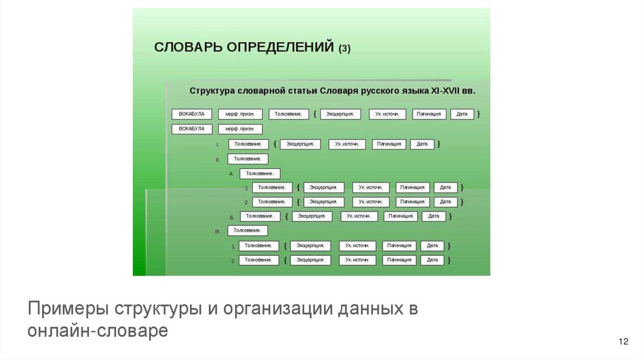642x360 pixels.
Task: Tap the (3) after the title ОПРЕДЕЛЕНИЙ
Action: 344,50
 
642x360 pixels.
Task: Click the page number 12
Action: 623,341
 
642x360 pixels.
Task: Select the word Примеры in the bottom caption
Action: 67,309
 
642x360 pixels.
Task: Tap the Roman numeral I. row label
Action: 218,145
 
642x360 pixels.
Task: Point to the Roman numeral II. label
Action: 217,160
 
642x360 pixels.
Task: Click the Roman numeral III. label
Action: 217,231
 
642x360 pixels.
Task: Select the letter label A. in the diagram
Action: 231,174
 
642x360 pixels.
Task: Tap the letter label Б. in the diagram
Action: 231,217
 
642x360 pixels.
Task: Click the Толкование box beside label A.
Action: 260,174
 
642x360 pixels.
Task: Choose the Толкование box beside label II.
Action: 248,159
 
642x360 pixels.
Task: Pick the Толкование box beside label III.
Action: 248,231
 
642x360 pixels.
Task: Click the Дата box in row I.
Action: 422,144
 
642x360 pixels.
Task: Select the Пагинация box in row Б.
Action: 400,216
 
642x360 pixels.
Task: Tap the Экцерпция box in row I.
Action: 300,144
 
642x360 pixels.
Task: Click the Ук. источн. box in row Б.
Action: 359,216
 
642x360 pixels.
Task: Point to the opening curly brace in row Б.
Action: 285,216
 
